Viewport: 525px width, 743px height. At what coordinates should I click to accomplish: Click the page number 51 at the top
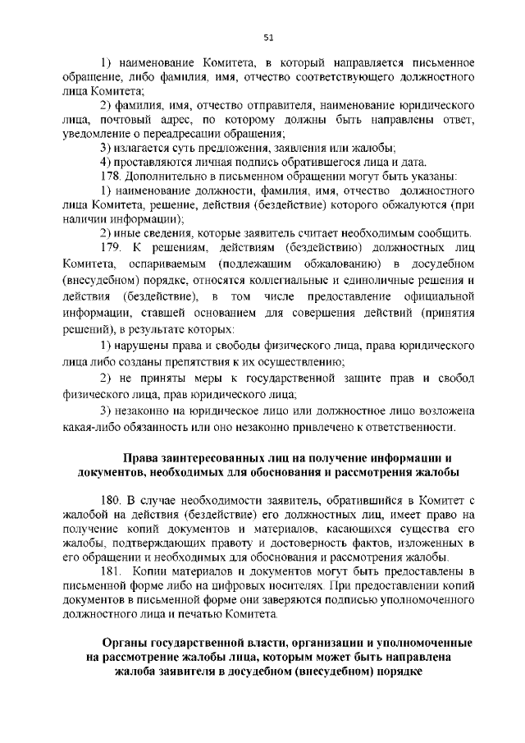coord(268,36)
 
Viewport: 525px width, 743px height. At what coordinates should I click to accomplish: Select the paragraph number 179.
coord(110,248)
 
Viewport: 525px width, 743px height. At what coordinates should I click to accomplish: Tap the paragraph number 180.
coord(110,499)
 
